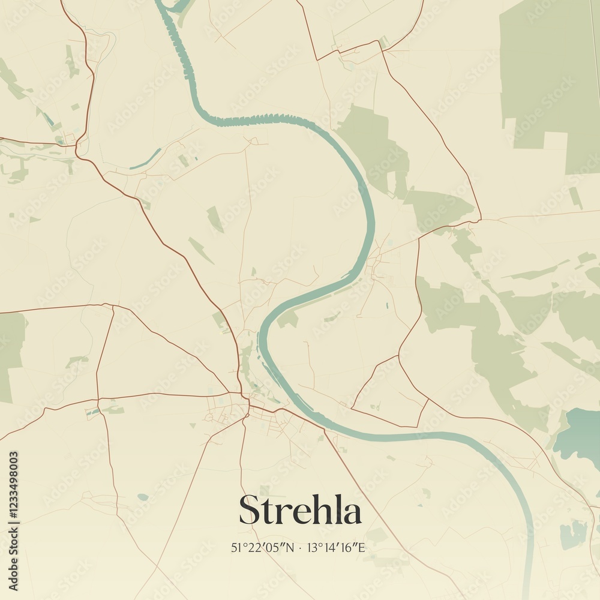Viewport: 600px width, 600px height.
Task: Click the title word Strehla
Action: [300, 511]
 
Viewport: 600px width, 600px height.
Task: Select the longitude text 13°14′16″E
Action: [336, 547]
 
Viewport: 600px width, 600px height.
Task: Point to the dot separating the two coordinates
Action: [300, 547]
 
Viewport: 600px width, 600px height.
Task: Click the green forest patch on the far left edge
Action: [9, 354]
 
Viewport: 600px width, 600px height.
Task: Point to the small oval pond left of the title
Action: [142, 497]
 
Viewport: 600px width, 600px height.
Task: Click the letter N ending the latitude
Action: [291, 547]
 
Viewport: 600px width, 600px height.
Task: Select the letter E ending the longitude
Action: [362, 547]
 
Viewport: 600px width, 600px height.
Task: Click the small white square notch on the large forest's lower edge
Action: [555, 141]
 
